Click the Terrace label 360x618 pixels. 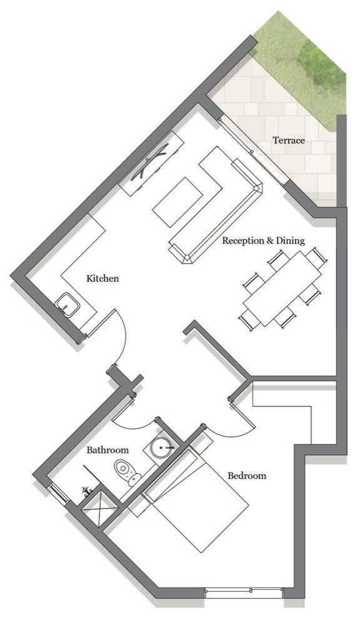tap(289, 140)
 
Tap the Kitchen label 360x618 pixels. tap(103, 278)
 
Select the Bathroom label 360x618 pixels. tap(108, 450)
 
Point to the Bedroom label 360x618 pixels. tap(247, 476)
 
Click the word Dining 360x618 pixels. tap(291, 240)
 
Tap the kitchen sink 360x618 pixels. tap(68, 306)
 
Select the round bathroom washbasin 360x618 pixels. tap(162, 448)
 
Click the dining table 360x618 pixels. tap(282, 289)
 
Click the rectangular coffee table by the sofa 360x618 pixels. tap(177, 202)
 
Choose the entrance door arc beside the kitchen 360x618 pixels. tap(124, 335)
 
